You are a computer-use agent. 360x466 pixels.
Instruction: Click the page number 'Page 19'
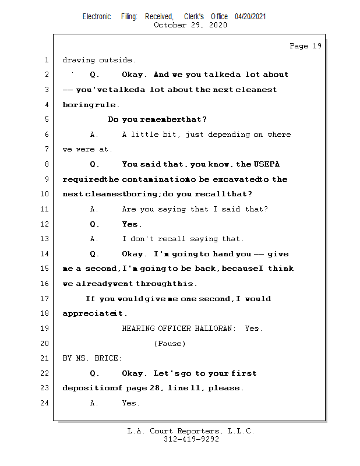pos(305,46)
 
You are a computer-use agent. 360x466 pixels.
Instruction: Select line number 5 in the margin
pos(47,119)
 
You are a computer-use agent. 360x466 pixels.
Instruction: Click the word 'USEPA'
pos(267,164)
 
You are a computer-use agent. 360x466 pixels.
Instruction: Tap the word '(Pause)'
pos(170,344)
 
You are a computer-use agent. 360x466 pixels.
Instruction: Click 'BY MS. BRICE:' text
pos(93,358)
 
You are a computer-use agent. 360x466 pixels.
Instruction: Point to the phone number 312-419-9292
pos(191,439)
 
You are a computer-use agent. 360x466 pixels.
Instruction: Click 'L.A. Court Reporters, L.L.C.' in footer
pos(191,431)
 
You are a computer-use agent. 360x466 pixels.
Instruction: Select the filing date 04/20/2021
pos(250,16)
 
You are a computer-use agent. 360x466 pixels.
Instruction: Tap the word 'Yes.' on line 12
pos(132,224)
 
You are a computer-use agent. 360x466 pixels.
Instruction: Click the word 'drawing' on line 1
pos(79,60)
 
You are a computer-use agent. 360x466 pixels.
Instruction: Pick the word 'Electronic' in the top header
pos(97,16)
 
